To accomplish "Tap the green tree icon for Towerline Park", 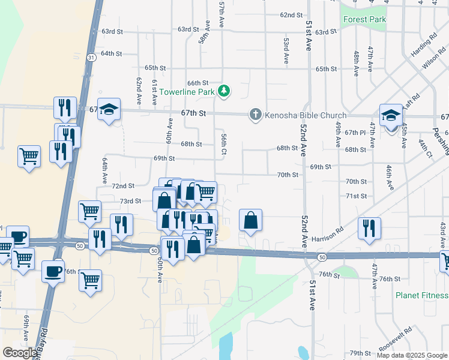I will (224, 91).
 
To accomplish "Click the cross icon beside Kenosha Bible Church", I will (255, 115).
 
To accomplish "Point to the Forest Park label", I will (364, 19).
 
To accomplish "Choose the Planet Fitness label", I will (421, 295).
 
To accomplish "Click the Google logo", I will (20, 353).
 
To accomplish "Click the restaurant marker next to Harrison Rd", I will (369, 228).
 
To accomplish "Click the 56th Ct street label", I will (223, 143).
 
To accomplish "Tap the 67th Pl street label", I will (355, 133).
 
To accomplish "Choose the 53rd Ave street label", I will (286, 52).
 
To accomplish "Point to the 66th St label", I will (197, 83).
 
